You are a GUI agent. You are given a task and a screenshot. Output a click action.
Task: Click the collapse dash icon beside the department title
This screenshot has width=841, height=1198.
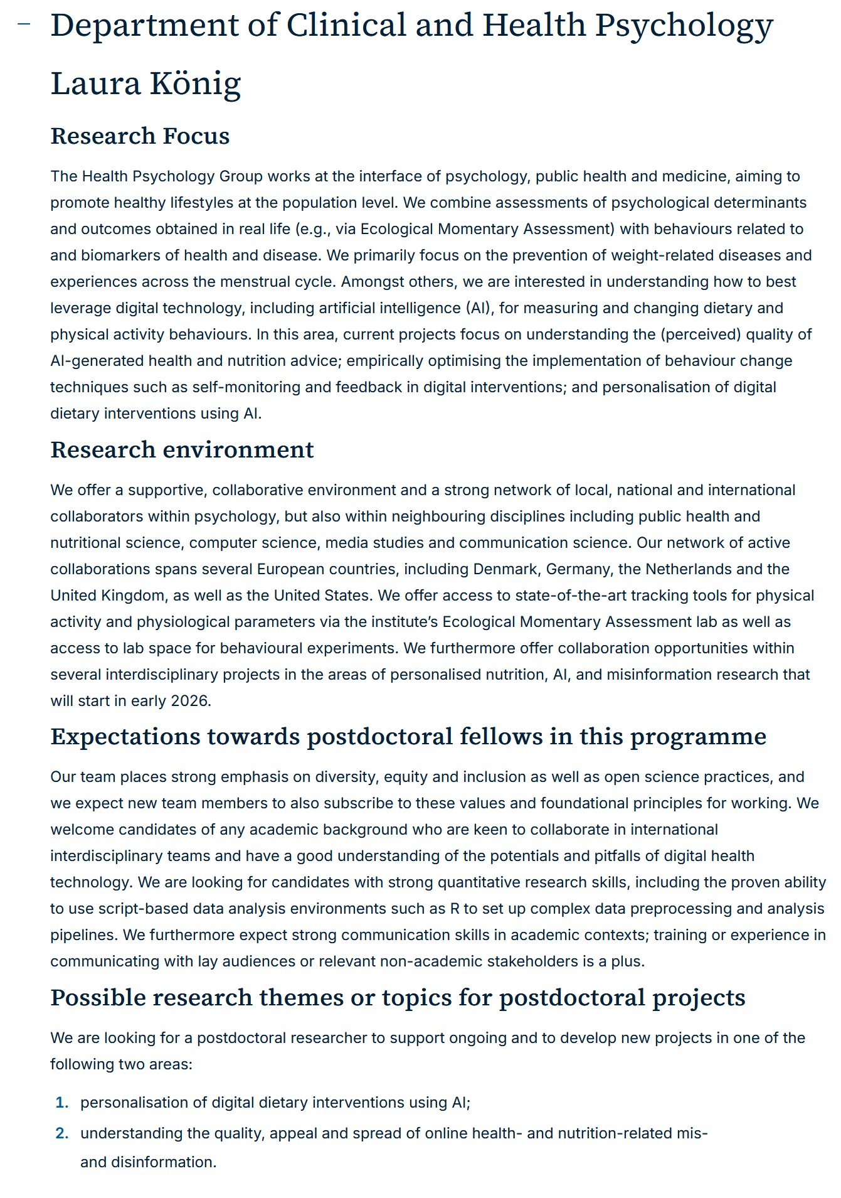click(x=24, y=24)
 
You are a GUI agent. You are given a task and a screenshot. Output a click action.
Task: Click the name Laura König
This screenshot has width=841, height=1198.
click(x=145, y=83)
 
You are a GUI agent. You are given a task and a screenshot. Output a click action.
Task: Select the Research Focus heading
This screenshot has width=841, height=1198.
click(x=140, y=136)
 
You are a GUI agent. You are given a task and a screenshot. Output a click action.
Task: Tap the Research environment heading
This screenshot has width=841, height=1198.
click(x=182, y=450)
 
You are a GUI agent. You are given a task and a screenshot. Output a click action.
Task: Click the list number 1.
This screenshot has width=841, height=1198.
click(x=61, y=1103)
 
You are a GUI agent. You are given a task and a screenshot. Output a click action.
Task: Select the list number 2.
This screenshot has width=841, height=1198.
click(x=61, y=1133)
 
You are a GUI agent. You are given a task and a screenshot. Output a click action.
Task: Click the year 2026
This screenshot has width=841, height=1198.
click(x=189, y=700)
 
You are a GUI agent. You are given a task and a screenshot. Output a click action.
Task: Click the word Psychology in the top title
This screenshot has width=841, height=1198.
click(x=684, y=26)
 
